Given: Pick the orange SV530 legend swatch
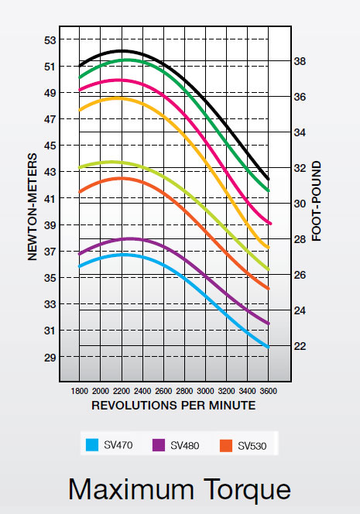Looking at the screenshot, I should click(x=226, y=445).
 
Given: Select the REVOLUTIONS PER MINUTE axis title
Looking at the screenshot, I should click(x=173, y=405).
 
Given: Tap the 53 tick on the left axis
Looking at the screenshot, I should click(x=50, y=39).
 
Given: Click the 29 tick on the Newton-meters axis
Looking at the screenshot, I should click(x=50, y=357).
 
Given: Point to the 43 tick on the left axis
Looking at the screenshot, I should click(x=50, y=172).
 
